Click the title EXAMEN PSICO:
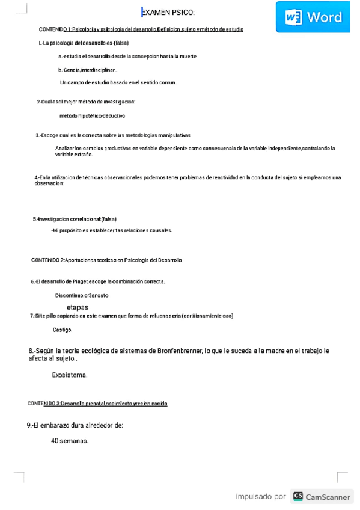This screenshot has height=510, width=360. pyautogui.click(x=168, y=13)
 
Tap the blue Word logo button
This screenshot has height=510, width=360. pyautogui.click(x=313, y=17)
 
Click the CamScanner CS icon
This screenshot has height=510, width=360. pyautogui.click(x=298, y=496)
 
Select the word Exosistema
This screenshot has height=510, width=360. pyautogui.click(x=70, y=375)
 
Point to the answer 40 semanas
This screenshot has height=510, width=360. pyautogui.click(x=70, y=440)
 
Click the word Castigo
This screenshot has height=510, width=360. pyautogui.click(x=63, y=330)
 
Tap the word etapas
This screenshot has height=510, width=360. pyautogui.click(x=78, y=307)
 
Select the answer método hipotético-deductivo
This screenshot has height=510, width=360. pyautogui.click(x=92, y=115)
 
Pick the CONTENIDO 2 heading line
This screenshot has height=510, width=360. pyautogui.click(x=106, y=260)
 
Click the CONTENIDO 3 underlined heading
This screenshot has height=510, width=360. pyautogui.click(x=97, y=403)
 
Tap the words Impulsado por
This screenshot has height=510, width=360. pyautogui.click(x=260, y=497)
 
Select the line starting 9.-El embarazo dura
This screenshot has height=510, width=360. pyautogui.click(x=75, y=425)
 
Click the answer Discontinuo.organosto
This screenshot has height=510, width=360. pyautogui.click(x=82, y=296)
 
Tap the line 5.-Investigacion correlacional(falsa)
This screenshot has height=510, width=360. pyautogui.click(x=75, y=219)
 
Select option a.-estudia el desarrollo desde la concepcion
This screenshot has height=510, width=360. pyautogui.click(x=127, y=56)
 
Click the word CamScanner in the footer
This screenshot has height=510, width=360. pyautogui.click(x=328, y=497)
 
